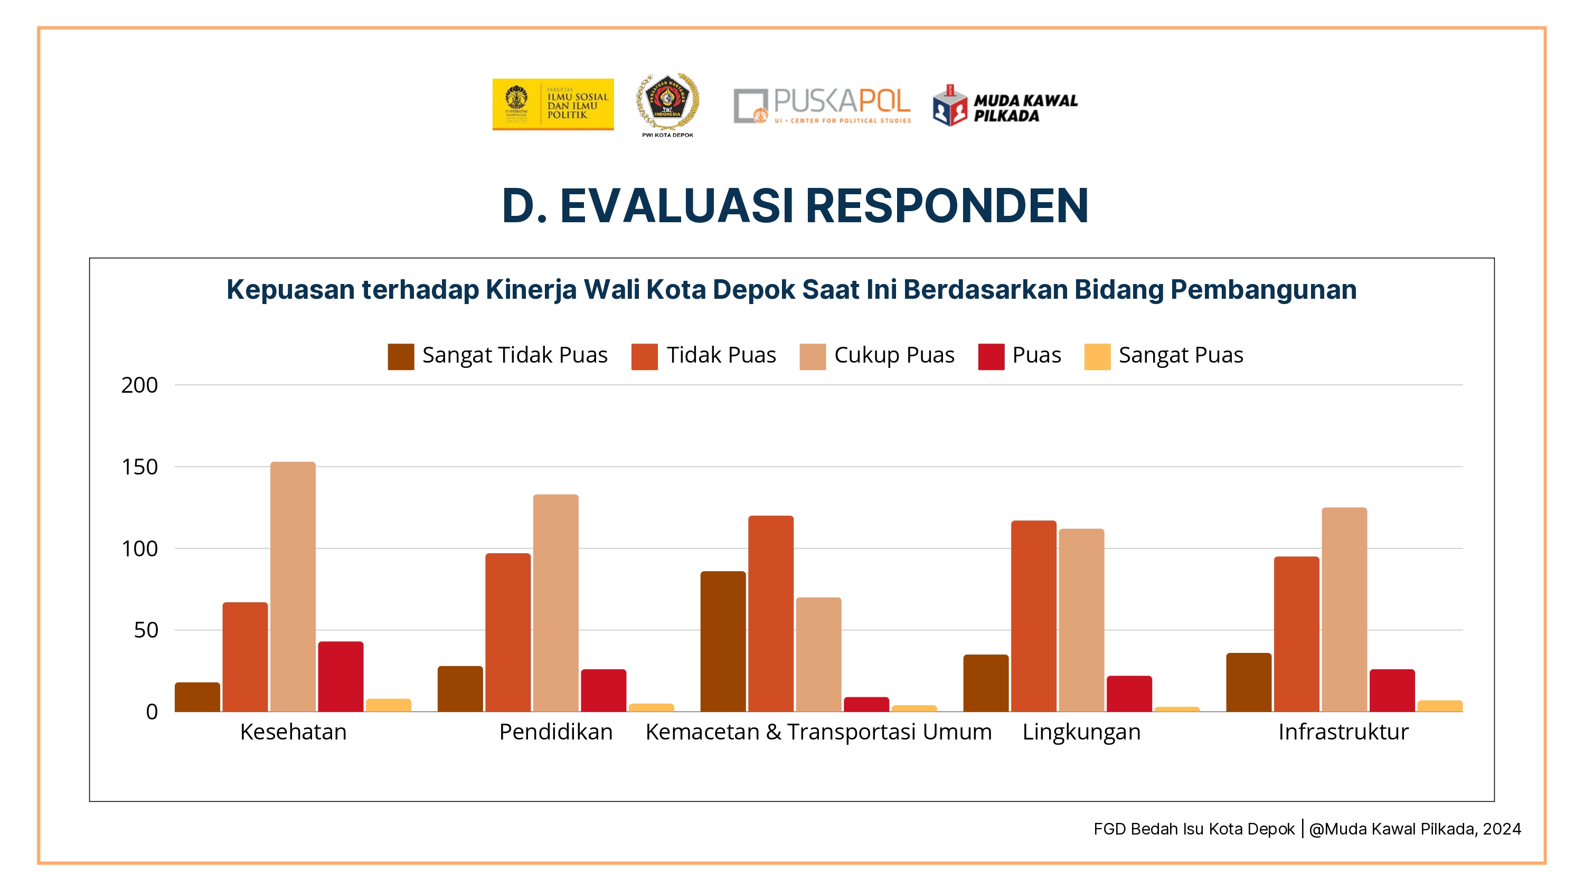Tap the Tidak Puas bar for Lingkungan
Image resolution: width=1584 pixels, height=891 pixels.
click(1033, 616)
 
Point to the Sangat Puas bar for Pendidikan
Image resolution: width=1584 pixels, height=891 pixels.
click(651, 707)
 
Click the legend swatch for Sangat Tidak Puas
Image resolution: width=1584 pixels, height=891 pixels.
click(401, 357)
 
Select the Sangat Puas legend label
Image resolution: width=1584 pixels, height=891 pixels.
click(1181, 355)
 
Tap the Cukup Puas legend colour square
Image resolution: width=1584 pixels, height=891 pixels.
click(812, 357)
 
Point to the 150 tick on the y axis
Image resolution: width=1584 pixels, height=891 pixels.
click(140, 467)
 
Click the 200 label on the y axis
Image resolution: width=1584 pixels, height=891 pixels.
click(140, 385)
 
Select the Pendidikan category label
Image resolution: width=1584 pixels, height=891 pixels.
click(555, 732)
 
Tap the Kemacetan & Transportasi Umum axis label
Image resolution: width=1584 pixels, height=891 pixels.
click(818, 732)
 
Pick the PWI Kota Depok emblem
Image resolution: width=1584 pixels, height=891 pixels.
click(667, 103)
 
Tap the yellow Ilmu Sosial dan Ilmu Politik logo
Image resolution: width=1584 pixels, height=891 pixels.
click(553, 104)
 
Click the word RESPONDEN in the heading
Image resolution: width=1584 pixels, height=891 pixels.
click(946, 206)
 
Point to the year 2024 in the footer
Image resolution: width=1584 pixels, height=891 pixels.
click(1502, 829)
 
